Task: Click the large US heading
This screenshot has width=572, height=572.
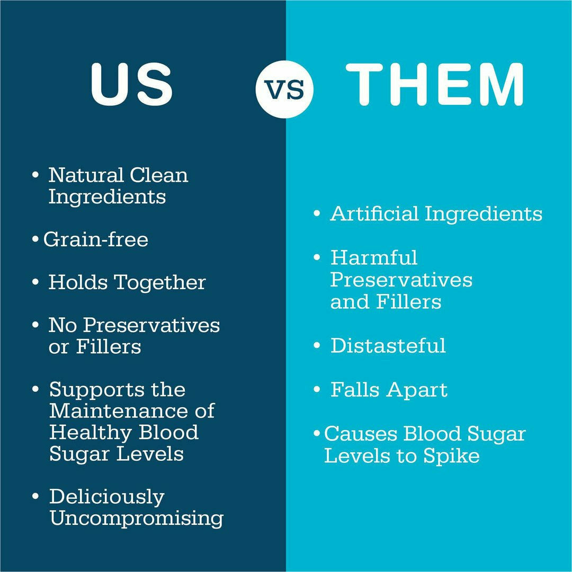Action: click(132, 85)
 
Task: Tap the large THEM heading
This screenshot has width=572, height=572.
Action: click(434, 84)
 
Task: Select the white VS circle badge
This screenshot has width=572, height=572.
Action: click(284, 90)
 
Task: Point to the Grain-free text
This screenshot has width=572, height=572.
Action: click(96, 239)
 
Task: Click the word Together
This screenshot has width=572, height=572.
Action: click(160, 283)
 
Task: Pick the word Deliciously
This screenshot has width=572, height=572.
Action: click(107, 497)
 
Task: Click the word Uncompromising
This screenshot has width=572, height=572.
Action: click(137, 518)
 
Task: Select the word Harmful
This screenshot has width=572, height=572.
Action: click(373, 257)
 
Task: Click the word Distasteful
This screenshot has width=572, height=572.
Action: click(388, 345)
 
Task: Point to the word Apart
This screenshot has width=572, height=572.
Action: click(417, 390)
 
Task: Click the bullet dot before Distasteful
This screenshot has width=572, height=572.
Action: click(317, 345)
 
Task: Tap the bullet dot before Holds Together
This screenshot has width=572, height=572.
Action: click(35, 282)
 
